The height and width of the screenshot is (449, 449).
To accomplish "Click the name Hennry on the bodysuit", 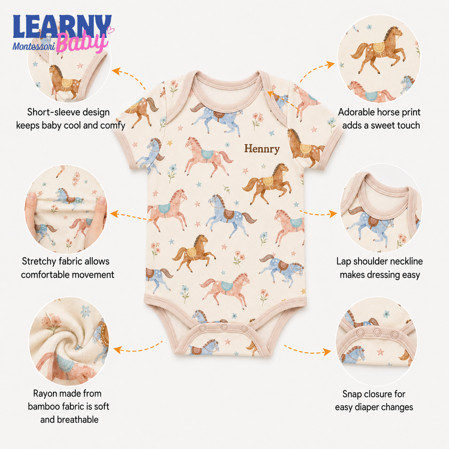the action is pyautogui.click(x=262, y=149).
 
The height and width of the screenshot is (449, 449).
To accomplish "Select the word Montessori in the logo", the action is pyautogui.click(x=34, y=46).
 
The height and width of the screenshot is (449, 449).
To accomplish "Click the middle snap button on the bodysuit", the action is pyautogui.click(x=224, y=327).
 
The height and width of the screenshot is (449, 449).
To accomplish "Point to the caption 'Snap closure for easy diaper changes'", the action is pyautogui.click(x=374, y=400).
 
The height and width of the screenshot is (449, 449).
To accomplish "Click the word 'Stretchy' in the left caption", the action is pyautogui.click(x=39, y=262).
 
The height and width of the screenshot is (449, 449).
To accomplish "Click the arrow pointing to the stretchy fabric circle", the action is pyautogui.click(x=129, y=216).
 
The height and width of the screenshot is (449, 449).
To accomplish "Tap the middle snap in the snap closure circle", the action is pyautogui.click(x=377, y=333).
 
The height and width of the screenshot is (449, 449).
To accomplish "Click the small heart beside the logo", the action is pyautogui.click(x=111, y=30).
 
